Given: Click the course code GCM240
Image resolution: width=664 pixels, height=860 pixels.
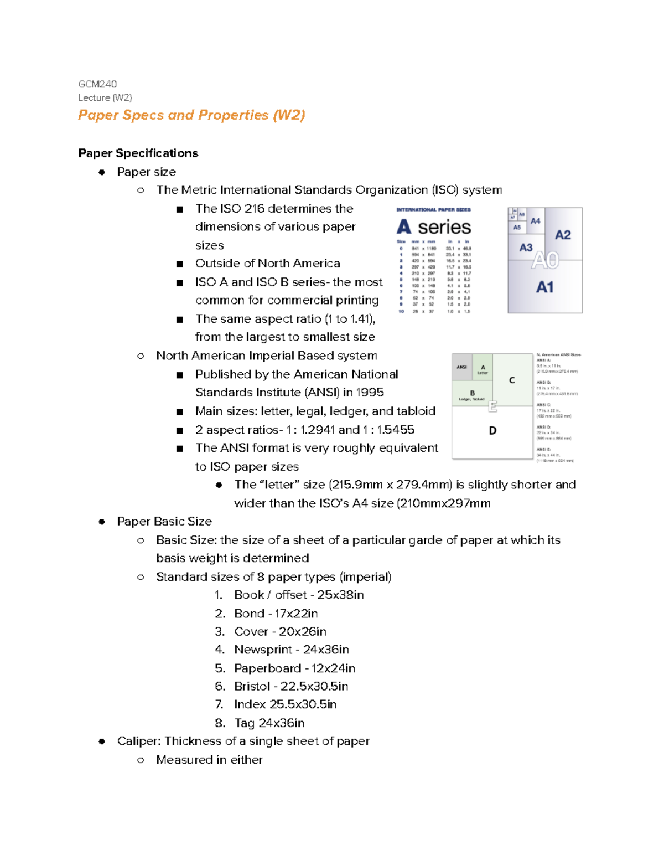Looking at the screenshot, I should click(97, 84).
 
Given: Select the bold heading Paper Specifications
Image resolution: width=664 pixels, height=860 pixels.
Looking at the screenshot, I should click(138, 153).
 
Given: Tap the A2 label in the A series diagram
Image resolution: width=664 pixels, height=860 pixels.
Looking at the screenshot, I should click(563, 235).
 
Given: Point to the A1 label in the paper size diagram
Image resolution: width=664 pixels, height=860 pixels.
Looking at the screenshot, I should click(544, 287).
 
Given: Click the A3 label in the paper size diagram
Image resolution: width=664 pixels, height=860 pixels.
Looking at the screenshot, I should click(526, 248).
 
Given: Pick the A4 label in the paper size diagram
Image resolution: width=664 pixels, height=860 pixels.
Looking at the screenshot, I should click(535, 221).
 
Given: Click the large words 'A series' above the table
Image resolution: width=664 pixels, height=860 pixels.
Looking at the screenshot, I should click(434, 227).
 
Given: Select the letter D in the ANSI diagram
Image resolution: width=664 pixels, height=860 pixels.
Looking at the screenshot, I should click(492, 430).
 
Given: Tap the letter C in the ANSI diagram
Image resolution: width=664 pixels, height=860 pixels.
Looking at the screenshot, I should click(512, 380).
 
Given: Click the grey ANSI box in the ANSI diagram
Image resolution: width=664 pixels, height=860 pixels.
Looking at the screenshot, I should click(462, 367).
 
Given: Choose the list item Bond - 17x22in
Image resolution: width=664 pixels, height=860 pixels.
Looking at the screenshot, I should click(276, 614).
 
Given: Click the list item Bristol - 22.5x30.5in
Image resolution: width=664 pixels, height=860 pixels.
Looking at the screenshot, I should click(291, 686).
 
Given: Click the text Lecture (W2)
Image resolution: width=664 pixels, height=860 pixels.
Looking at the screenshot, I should click(105, 98).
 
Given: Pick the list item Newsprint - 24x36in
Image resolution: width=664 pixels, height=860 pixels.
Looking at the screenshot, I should click(291, 650).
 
